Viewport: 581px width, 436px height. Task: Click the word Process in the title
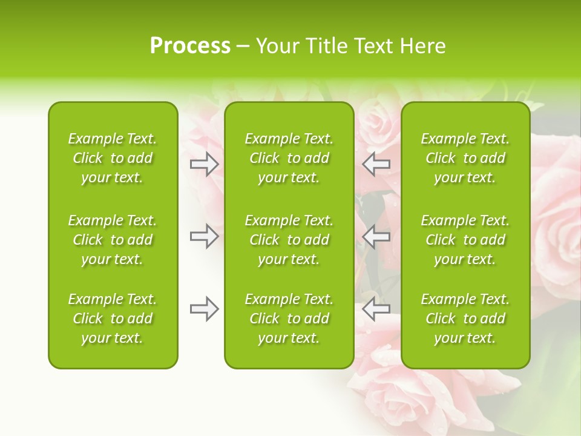190,46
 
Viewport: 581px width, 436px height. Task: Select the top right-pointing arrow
204,163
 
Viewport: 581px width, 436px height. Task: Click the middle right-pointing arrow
204,236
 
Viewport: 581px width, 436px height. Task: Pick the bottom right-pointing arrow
204,309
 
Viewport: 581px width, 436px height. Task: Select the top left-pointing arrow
376,163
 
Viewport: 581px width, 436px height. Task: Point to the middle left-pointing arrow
376,236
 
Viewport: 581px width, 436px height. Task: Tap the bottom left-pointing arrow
376,309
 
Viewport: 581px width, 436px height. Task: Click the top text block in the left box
113,158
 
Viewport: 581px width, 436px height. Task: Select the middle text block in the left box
113,240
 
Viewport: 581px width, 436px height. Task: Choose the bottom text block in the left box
113,319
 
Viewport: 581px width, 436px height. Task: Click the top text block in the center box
289,158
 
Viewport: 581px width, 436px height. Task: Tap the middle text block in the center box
289,240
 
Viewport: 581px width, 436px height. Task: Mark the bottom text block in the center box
289,319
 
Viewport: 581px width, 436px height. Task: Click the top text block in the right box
465,158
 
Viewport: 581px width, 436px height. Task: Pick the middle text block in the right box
465,240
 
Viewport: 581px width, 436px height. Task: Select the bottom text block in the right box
465,319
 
